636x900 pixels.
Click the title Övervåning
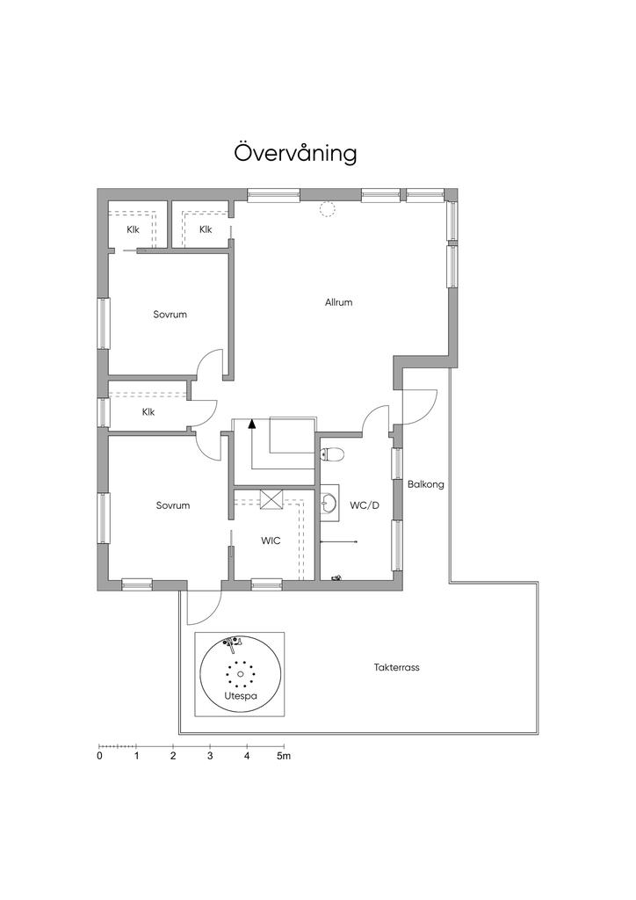[295, 153]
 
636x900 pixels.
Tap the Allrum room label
[338, 302]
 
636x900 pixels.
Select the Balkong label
[425, 484]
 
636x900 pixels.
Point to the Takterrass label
[397, 668]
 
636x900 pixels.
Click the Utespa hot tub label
[241, 696]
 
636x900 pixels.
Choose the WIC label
[271, 541]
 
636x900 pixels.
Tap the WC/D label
[365, 505]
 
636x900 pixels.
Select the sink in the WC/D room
[329, 504]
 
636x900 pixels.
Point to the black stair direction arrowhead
[252, 425]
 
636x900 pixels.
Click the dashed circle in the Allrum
[328, 209]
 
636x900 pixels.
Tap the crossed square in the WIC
[271, 499]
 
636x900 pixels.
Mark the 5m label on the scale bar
[284, 756]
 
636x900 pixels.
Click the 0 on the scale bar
[100, 756]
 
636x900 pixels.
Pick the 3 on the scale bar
[210, 756]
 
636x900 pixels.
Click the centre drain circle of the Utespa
[241, 674]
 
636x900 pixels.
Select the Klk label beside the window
[148, 412]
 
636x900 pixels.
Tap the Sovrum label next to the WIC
[173, 505]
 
